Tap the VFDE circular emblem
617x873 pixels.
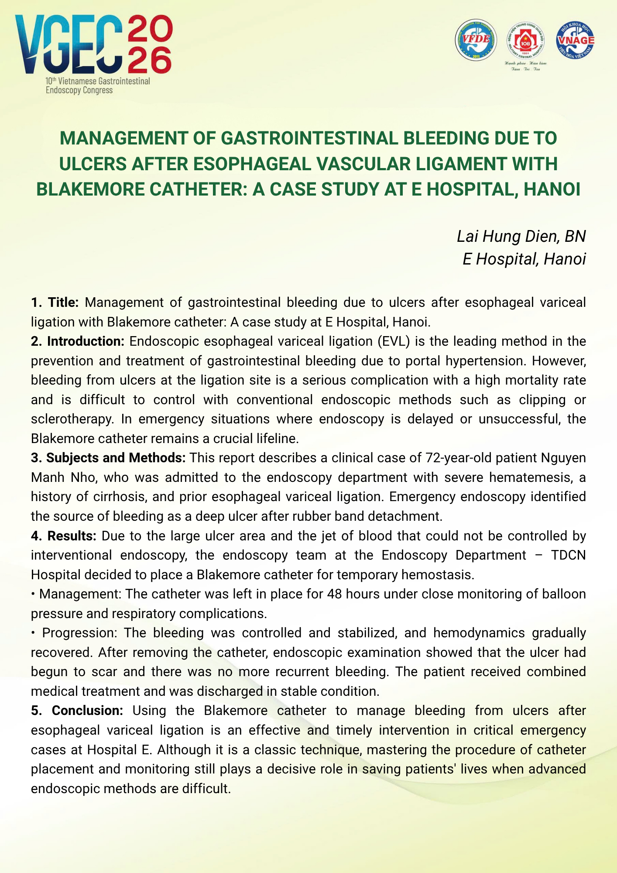coord(476,40)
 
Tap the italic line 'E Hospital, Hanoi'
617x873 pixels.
coord(524,259)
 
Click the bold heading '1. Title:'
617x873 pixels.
coord(55,302)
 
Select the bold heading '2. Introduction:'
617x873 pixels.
coord(78,341)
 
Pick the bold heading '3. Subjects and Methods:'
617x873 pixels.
coord(108,458)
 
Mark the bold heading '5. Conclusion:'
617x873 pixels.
coord(77,711)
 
